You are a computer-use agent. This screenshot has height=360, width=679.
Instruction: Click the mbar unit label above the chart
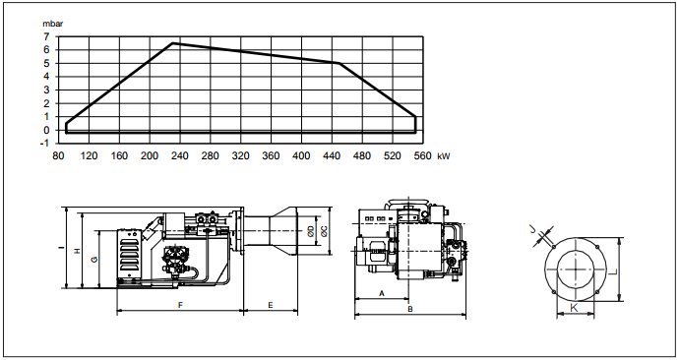(52, 24)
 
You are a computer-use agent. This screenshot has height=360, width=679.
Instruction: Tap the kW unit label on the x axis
(444, 156)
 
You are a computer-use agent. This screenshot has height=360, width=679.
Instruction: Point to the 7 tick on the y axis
(46, 36)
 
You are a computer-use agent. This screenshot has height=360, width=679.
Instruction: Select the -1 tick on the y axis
(44, 144)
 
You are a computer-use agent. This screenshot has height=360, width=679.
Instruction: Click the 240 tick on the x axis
(180, 155)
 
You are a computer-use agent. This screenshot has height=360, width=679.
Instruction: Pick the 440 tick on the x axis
(332, 155)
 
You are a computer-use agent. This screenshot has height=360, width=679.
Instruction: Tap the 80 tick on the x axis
(58, 155)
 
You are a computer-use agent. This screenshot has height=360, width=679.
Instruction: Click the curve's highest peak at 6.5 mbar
(173, 43)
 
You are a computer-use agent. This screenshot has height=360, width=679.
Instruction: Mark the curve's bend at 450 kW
(339, 63)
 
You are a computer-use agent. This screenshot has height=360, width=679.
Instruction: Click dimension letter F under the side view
(181, 305)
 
